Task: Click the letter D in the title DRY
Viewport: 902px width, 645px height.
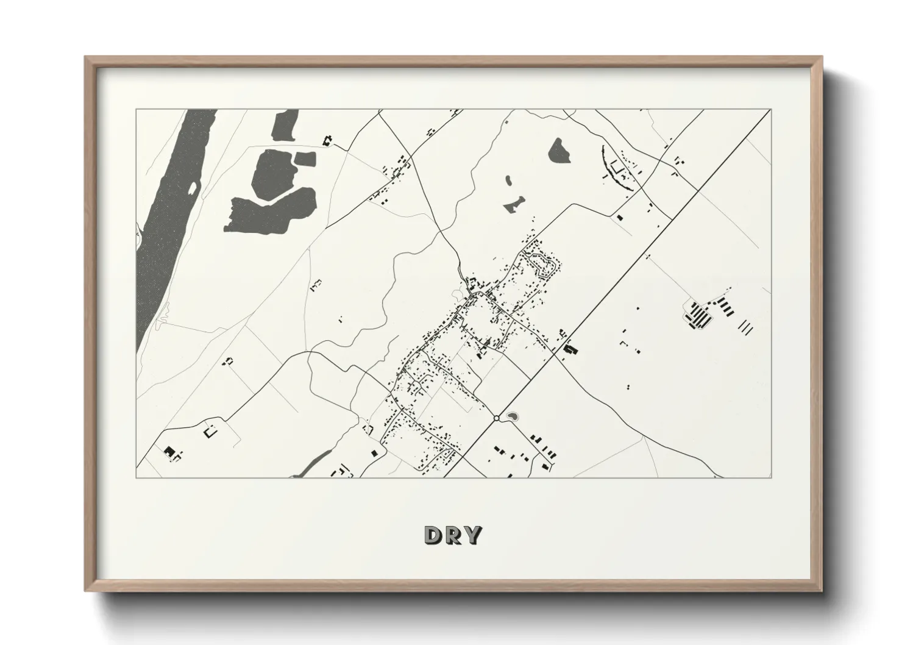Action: click(433, 535)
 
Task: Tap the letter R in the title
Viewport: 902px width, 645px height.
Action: click(452, 535)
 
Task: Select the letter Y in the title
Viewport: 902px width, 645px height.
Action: click(472, 535)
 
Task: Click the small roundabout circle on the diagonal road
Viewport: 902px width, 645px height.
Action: click(497, 418)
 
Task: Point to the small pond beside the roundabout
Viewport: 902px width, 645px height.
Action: click(512, 416)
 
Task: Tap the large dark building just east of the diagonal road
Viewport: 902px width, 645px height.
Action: click(570, 350)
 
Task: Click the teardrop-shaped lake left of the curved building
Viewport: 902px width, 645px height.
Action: click(559, 151)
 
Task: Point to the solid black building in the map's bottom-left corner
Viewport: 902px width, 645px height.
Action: click(169, 451)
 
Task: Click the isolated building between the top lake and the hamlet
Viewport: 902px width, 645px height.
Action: click(328, 140)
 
